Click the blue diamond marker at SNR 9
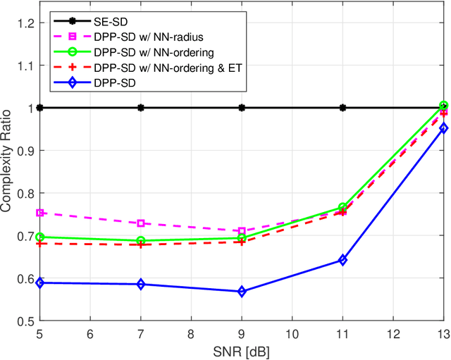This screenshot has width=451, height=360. point(242,292)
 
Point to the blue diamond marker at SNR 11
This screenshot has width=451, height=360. point(342,260)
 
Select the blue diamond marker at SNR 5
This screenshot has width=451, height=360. point(40,283)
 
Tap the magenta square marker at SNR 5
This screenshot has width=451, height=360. point(40,213)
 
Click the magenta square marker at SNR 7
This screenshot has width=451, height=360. point(141,223)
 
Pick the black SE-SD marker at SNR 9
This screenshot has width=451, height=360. point(242,108)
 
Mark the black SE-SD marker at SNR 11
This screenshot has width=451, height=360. point(342,108)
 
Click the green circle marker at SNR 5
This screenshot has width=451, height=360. point(40,237)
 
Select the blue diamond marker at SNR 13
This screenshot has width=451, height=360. point(443,128)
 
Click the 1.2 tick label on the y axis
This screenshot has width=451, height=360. point(25,23)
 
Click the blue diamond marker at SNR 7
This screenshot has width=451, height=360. point(141,284)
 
